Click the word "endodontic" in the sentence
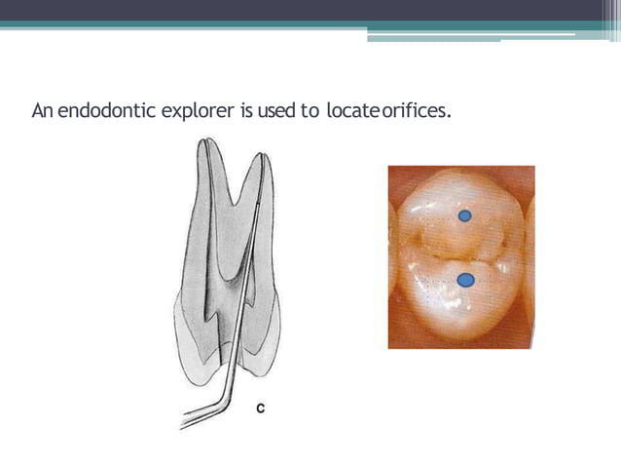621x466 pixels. (103, 111)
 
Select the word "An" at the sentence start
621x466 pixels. (41, 111)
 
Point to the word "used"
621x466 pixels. (276, 111)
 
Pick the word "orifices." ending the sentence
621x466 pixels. (417, 111)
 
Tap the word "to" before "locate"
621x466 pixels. (310, 111)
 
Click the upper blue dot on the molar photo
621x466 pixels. (465, 215)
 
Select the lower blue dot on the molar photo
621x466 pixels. (465, 281)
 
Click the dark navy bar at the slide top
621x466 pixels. (310, 10)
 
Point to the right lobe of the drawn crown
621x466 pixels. (265, 331)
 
